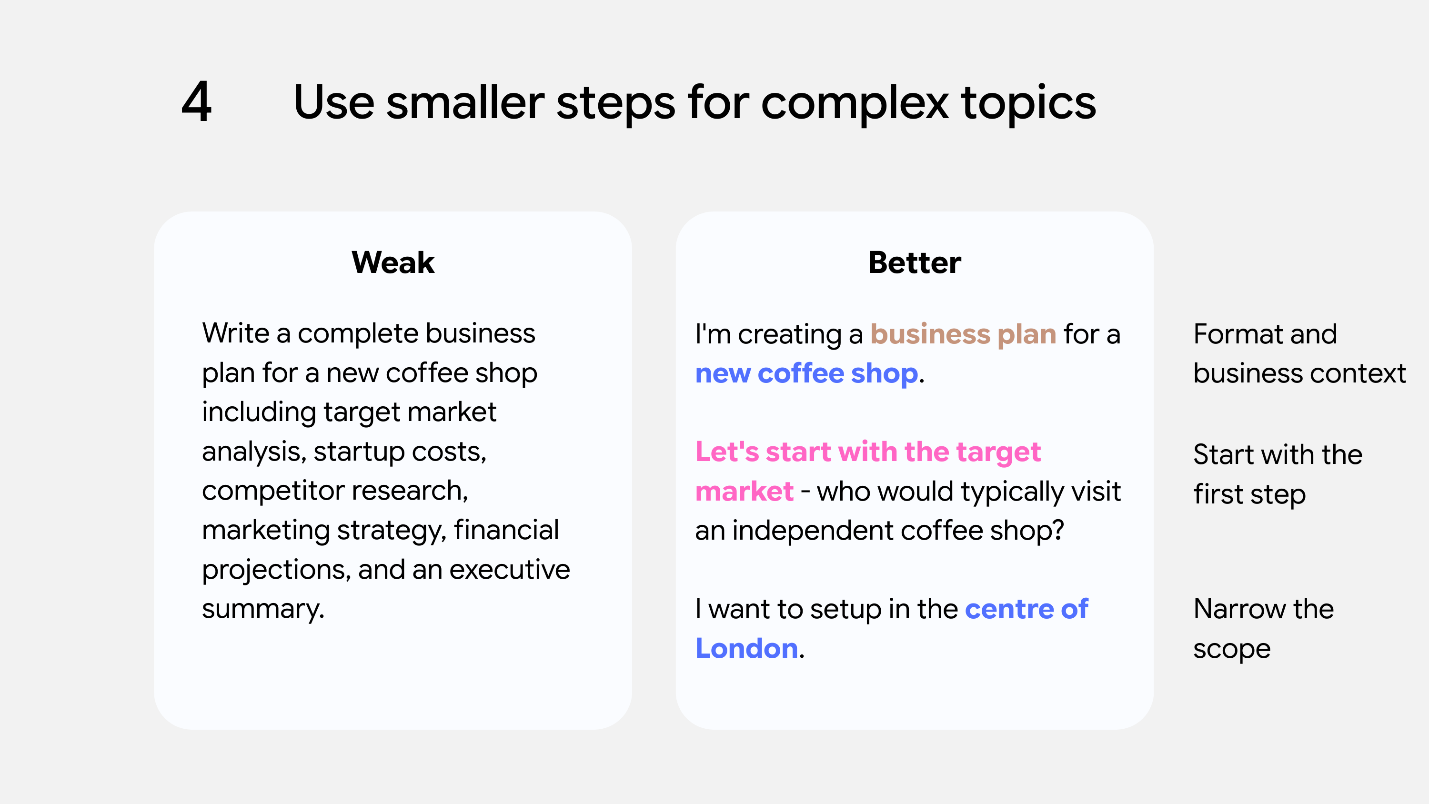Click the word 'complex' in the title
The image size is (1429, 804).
click(x=855, y=104)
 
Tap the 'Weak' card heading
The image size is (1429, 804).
click(x=393, y=262)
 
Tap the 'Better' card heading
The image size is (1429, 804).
click(x=914, y=262)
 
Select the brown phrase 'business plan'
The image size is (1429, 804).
click(x=963, y=334)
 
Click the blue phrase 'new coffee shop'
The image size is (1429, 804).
click(x=806, y=373)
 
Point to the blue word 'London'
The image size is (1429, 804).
click(x=747, y=648)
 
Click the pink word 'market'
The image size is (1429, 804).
click(x=744, y=492)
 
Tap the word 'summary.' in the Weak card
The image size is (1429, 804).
click(x=263, y=609)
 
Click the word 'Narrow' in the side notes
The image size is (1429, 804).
click(x=1239, y=609)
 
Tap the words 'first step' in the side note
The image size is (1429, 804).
click(x=1249, y=494)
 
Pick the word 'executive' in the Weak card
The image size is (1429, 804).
click(x=509, y=570)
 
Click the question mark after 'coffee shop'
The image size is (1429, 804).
click(x=1058, y=531)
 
